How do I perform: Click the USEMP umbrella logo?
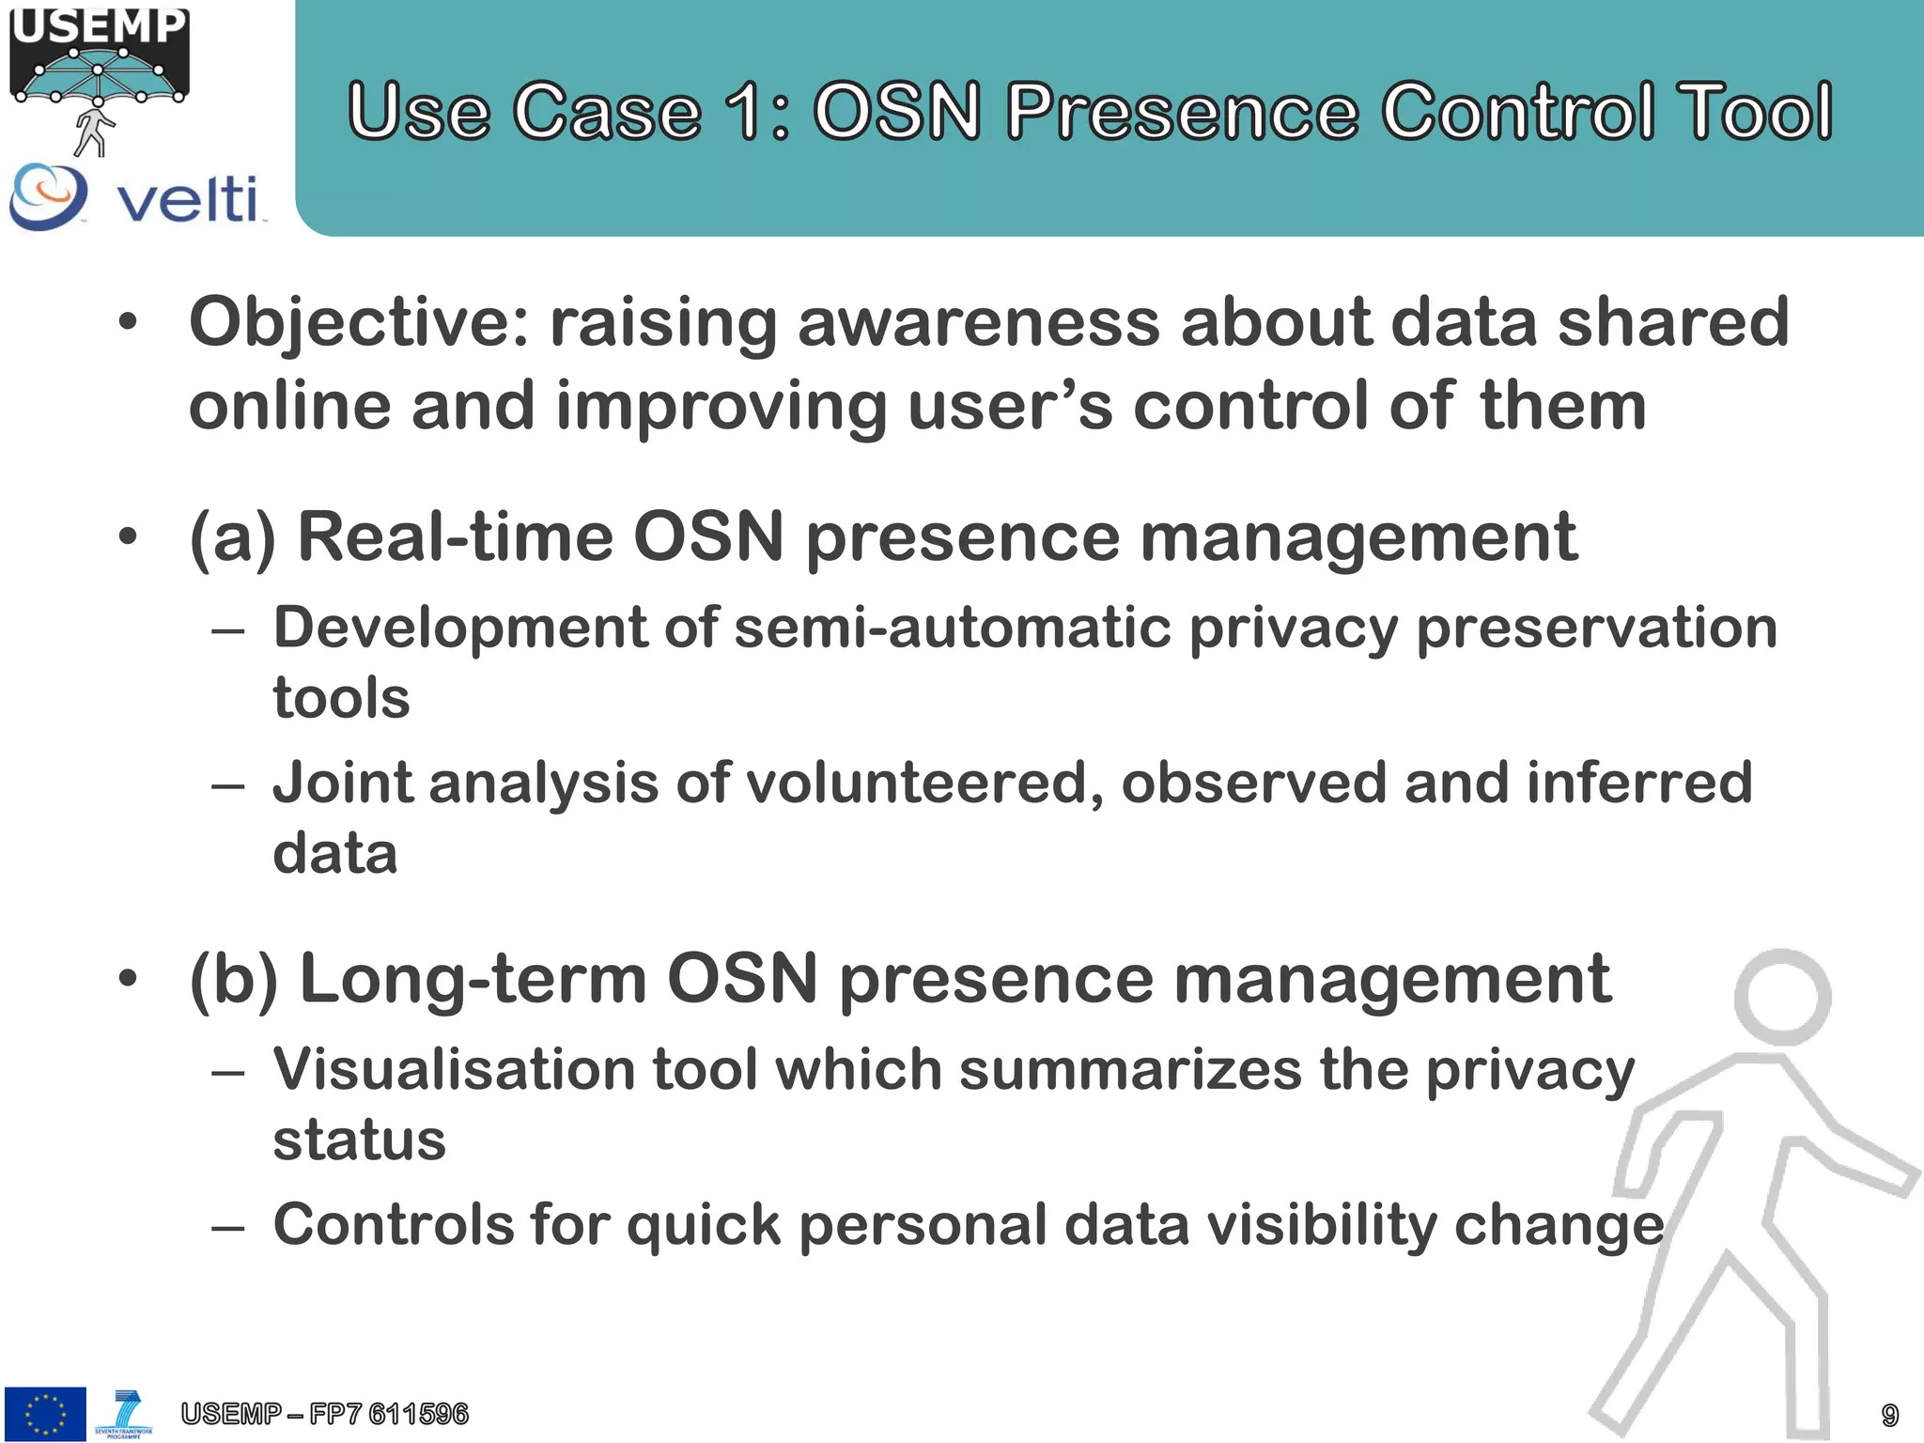[x=99, y=75]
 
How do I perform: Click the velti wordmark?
[x=187, y=199]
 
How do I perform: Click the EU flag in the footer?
[x=45, y=1413]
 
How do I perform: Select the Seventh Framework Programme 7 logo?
[x=124, y=1413]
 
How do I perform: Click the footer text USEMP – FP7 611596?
[x=324, y=1414]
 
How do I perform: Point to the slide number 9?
[x=1889, y=1415]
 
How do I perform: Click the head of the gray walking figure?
[x=1782, y=996]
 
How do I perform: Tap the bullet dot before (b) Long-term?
[x=128, y=980]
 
